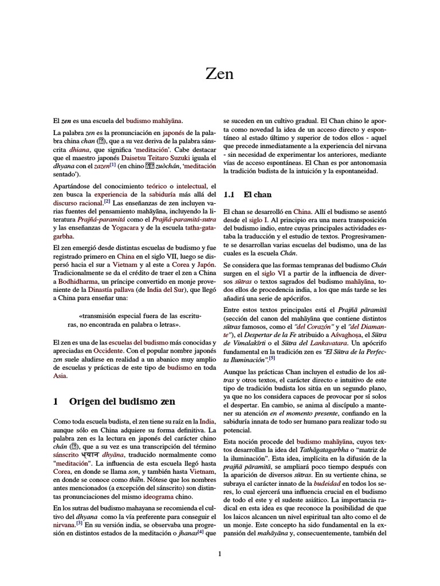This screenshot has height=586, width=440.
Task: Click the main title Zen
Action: (x=220, y=73)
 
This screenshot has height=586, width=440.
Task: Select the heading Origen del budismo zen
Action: (x=122, y=401)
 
